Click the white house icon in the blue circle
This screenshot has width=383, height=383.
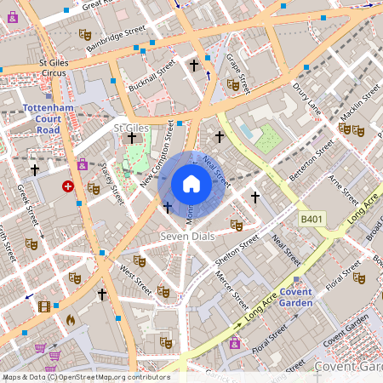coord(191,184)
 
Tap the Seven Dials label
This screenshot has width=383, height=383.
coord(189,235)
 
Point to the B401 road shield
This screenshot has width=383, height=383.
coord(312,220)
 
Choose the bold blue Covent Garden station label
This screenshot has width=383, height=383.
coord(297,297)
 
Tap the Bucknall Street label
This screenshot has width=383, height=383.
coord(151,76)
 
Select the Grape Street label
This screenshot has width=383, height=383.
coord(237,72)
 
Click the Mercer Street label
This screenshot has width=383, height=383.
coord(232,289)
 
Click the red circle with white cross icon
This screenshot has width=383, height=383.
coord(68,186)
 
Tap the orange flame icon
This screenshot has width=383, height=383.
coord(71,320)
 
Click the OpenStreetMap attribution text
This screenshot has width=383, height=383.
coord(85,376)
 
